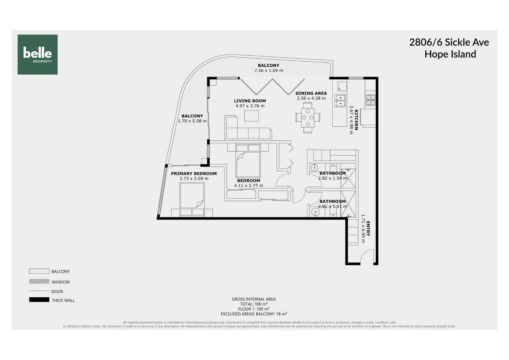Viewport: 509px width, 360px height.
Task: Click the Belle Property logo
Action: pyautogui.click(x=37, y=54)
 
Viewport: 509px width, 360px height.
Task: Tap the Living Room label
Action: pyautogui.click(x=250, y=101)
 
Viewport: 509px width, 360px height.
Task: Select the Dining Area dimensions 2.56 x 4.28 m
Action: pyautogui.click(x=311, y=98)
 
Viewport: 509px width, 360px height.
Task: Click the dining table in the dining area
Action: pyautogui.click(x=308, y=117)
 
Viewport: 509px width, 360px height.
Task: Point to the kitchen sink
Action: pyautogui.click(x=340, y=101)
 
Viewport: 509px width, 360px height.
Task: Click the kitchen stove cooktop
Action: pyautogui.click(x=371, y=100)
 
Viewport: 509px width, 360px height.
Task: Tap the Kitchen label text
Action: pyautogui.click(x=356, y=120)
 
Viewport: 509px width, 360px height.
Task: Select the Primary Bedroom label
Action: pyautogui.click(x=194, y=174)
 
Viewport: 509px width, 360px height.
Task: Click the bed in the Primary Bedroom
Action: pyautogui.click(x=192, y=199)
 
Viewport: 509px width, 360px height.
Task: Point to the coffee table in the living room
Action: pyautogui.click(x=251, y=116)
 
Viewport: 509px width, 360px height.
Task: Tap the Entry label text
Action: pyautogui.click(x=368, y=229)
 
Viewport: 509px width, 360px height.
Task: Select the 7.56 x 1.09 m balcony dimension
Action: pyautogui.click(x=268, y=70)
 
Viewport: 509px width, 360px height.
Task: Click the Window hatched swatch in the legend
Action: pyautogui.click(x=39, y=281)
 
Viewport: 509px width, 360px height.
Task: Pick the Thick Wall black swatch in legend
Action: pyautogui.click(x=39, y=300)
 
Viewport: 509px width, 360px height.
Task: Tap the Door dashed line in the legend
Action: pyautogui.click(x=39, y=291)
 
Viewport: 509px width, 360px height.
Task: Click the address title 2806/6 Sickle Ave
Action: pyautogui.click(x=449, y=42)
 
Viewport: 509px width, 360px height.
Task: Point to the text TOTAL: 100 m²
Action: pyautogui.click(x=254, y=304)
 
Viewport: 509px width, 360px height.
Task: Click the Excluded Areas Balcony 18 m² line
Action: pyautogui.click(x=254, y=314)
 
